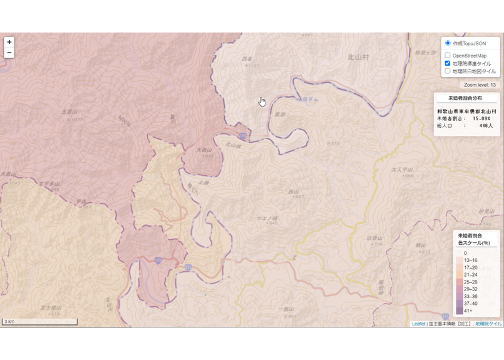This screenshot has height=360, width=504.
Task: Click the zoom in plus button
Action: (9, 42)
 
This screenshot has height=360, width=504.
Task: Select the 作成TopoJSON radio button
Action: (448, 43)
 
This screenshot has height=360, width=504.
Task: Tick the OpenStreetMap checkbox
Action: (448, 56)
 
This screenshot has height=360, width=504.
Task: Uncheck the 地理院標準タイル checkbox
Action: (448, 63)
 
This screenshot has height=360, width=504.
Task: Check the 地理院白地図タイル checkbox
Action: (448, 71)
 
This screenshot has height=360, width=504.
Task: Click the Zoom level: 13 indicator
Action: (480, 85)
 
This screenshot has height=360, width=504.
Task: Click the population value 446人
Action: (486, 126)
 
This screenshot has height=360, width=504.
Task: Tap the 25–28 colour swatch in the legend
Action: (460, 282)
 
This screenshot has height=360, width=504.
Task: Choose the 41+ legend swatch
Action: (460, 310)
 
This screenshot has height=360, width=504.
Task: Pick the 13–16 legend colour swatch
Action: (460, 260)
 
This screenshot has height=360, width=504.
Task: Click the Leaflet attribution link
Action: (418, 324)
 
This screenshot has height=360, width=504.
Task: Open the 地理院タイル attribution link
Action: (488, 324)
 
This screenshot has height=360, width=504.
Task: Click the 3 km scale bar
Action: (39, 322)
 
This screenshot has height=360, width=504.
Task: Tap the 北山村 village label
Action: (358, 57)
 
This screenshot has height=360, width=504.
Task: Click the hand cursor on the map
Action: (262, 101)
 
